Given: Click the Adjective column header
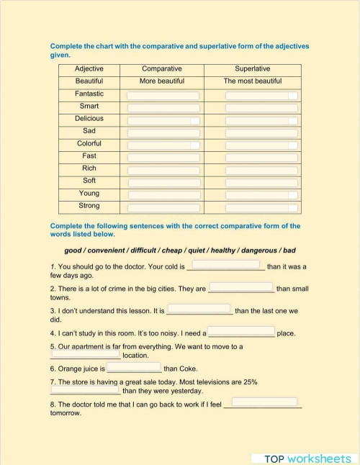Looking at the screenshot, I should pyautogui.click(x=89, y=69).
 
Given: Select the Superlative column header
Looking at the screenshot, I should pyautogui.click(x=252, y=69).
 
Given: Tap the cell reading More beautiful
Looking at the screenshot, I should pyautogui.click(x=161, y=81).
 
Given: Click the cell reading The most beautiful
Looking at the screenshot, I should pyautogui.click(x=252, y=81).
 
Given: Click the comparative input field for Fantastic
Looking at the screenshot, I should pyautogui.click(x=163, y=96).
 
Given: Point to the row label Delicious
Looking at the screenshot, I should pyautogui.click(x=89, y=119).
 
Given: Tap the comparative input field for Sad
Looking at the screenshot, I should pyautogui.click(x=163, y=133).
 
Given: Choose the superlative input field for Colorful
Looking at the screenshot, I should pyautogui.click(x=261, y=145).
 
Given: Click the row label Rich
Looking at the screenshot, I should pyautogui.click(x=89, y=168).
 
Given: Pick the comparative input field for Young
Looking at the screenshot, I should pyautogui.click(x=163, y=195).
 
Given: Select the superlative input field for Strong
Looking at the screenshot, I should pyautogui.click(x=261, y=207).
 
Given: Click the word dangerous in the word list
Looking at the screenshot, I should pyautogui.click(x=251, y=250).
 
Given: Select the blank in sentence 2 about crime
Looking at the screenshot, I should pyautogui.click(x=241, y=288).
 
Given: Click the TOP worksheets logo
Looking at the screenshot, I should pyautogui.click(x=307, y=458).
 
